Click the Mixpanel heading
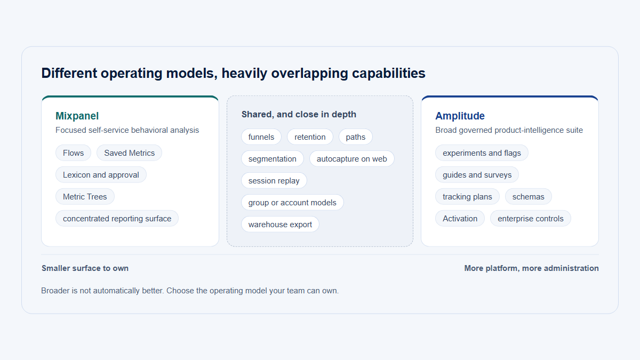[x=77, y=116]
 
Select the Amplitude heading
[x=460, y=116]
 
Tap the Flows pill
[x=73, y=153]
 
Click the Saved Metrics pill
[x=129, y=153]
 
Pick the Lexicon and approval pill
[x=101, y=174]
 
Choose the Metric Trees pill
[x=85, y=197]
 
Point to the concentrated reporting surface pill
[x=117, y=219]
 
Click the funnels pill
[x=261, y=137]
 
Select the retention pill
[x=310, y=137]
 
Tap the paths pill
[x=355, y=137]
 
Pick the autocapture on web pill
[x=351, y=158]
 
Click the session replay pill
[x=274, y=181]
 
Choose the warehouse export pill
[x=280, y=225]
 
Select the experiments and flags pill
[x=482, y=153]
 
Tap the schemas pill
[x=529, y=197]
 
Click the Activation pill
[x=460, y=219]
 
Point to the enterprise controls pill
[x=531, y=219]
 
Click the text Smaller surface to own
[x=85, y=268]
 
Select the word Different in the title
[x=69, y=73]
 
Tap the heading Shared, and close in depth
[x=299, y=114]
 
